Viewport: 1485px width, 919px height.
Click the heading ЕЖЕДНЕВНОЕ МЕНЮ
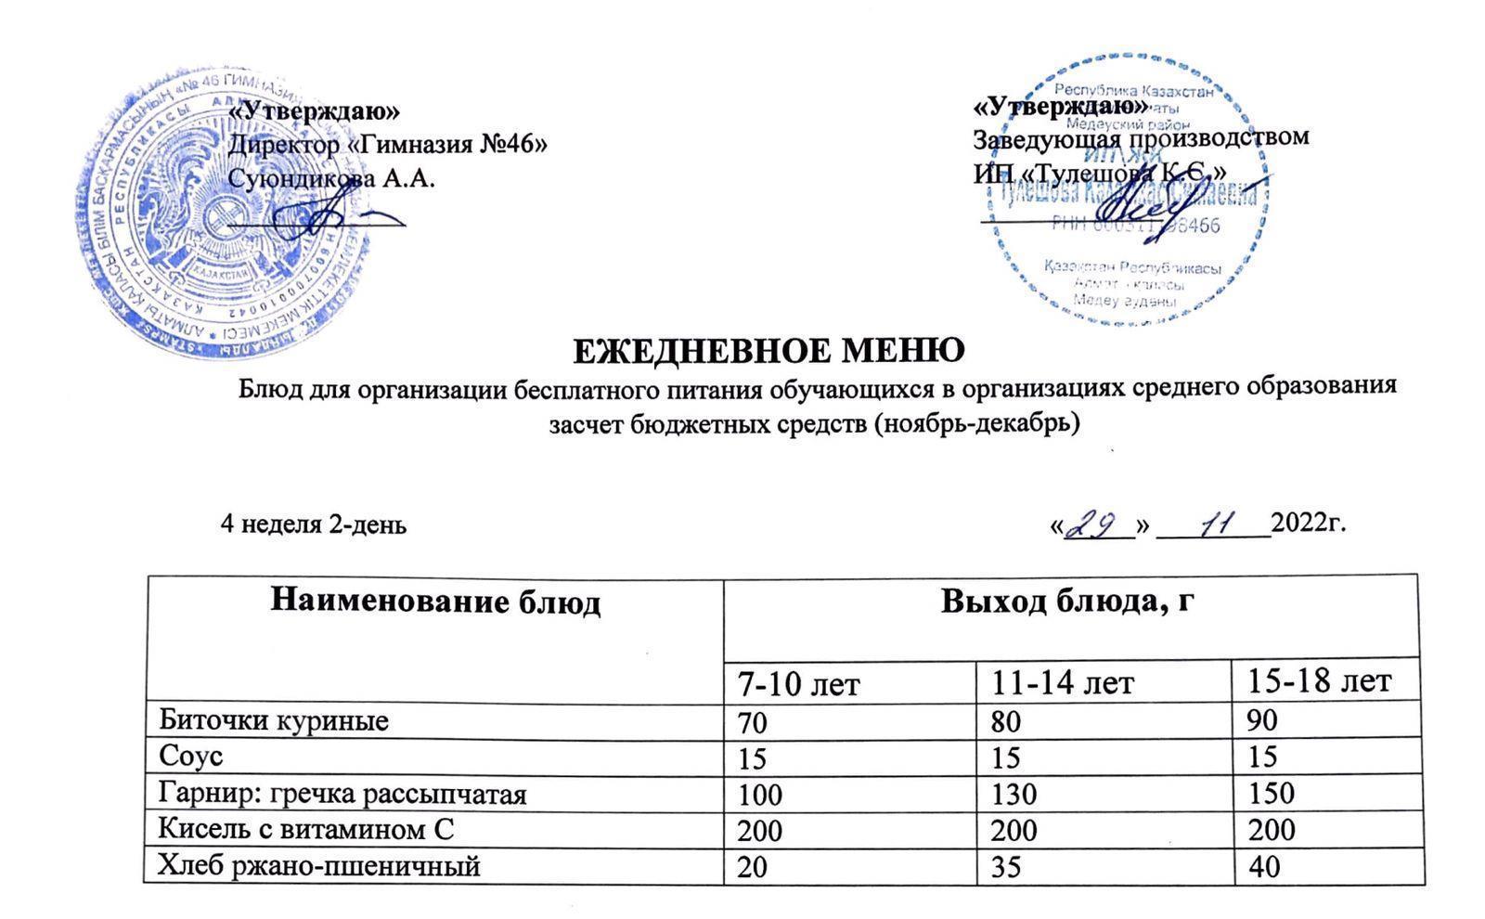pyautogui.click(x=768, y=351)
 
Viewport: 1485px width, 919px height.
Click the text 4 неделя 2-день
pyautogui.click(x=313, y=525)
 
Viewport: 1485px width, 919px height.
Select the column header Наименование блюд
pyautogui.click(x=435, y=602)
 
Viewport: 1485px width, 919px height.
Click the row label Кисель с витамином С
pyautogui.click(x=306, y=829)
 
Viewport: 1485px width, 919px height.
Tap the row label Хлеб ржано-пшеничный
pyautogui.click(x=319, y=866)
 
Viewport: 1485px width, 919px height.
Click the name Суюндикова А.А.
pyautogui.click(x=331, y=178)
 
